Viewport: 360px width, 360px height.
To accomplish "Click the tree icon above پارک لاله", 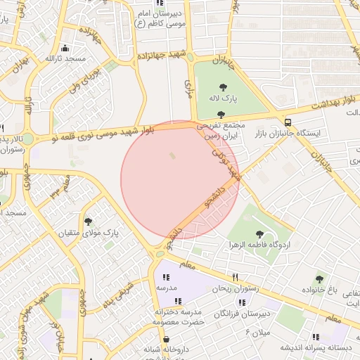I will tap(223, 87).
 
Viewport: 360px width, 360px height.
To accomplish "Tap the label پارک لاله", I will tap(223, 99).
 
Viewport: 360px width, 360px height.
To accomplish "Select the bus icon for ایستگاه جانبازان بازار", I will tap(288, 121).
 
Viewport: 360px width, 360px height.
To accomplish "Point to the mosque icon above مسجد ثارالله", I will tap(65, 48).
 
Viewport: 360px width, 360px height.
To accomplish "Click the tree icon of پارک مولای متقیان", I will tap(88, 221).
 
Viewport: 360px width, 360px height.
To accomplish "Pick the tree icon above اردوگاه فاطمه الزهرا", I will tap(259, 233).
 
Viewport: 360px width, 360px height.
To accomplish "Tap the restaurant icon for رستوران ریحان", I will tap(236, 277).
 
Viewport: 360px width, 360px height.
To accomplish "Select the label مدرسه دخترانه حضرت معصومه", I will tap(177, 316).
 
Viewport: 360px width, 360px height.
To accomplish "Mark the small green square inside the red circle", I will tap(173, 155).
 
